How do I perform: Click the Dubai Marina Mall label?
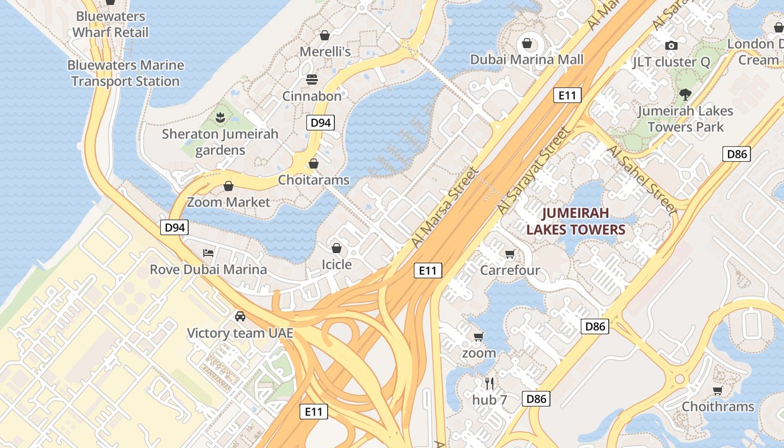526,59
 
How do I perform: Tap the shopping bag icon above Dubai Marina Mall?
526,43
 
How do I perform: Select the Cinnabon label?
311,96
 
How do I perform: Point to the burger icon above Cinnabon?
312,79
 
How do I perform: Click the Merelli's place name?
325,52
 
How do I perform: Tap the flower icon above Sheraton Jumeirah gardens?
220,118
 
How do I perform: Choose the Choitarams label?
314,180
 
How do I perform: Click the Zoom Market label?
228,202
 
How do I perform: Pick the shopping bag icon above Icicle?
337,248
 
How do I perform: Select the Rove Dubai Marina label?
208,269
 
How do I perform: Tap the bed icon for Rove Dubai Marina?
208,253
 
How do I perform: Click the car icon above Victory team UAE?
240,316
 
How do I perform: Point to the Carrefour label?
510,270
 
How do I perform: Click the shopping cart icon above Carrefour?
510,254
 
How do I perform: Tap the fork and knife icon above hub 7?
489,384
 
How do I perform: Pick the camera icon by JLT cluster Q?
671,45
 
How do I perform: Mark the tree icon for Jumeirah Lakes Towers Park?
684,94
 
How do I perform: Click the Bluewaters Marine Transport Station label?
125,73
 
